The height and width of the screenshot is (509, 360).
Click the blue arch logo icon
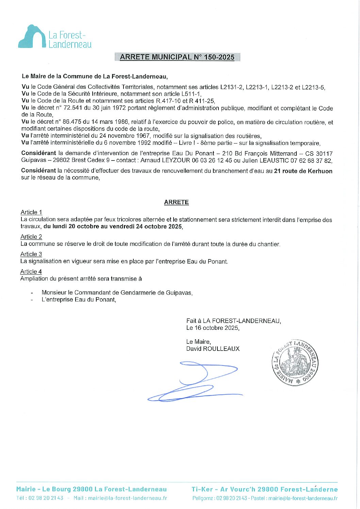[32, 36]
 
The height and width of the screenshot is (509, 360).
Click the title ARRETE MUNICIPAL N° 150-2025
[177, 57]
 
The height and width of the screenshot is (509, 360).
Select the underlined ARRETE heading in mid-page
[176, 202]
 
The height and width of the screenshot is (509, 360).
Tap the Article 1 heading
[31, 213]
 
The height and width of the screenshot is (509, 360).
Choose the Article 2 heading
[31, 237]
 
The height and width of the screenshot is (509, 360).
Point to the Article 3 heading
[31, 254]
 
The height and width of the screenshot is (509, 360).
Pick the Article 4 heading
[31, 272]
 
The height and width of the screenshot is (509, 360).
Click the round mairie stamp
[295, 362]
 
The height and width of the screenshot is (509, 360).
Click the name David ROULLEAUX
[213, 349]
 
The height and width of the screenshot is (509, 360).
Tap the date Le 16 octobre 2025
[213, 328]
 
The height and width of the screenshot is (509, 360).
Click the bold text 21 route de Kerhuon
[303, 171]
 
